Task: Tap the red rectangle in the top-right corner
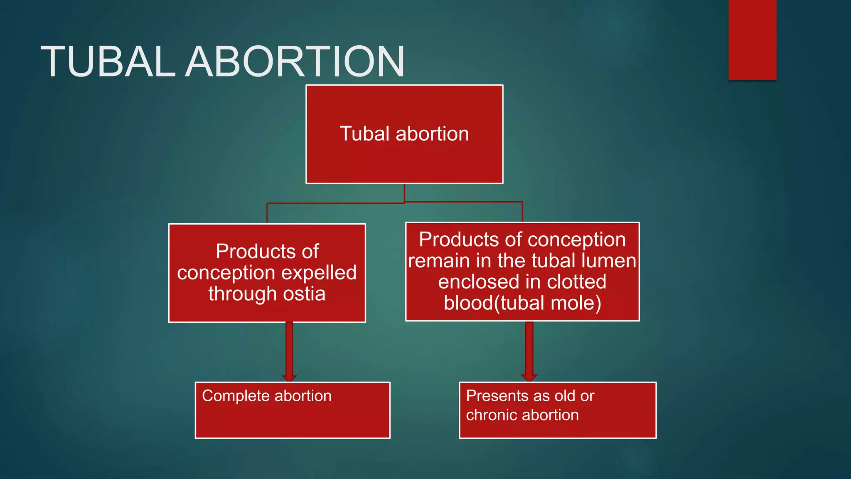click(752, 40)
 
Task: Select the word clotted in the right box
click(576, 282)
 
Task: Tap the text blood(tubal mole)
click(522, 303)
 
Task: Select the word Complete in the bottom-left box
click(236, 396)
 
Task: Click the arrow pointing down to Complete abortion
click(289, 351)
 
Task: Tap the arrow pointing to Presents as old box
click(529, 351)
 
